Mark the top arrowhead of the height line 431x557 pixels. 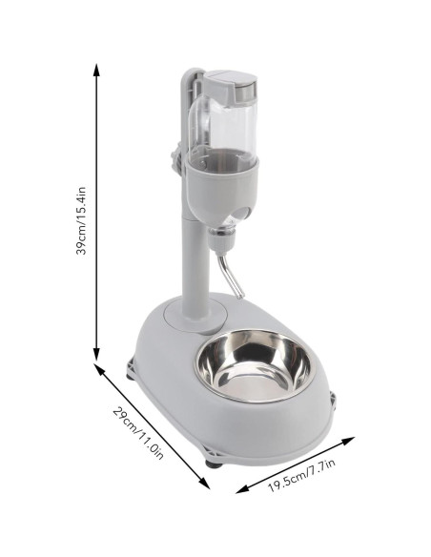(x=96, y=69)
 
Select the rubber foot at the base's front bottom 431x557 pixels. (x=212, y=465)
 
